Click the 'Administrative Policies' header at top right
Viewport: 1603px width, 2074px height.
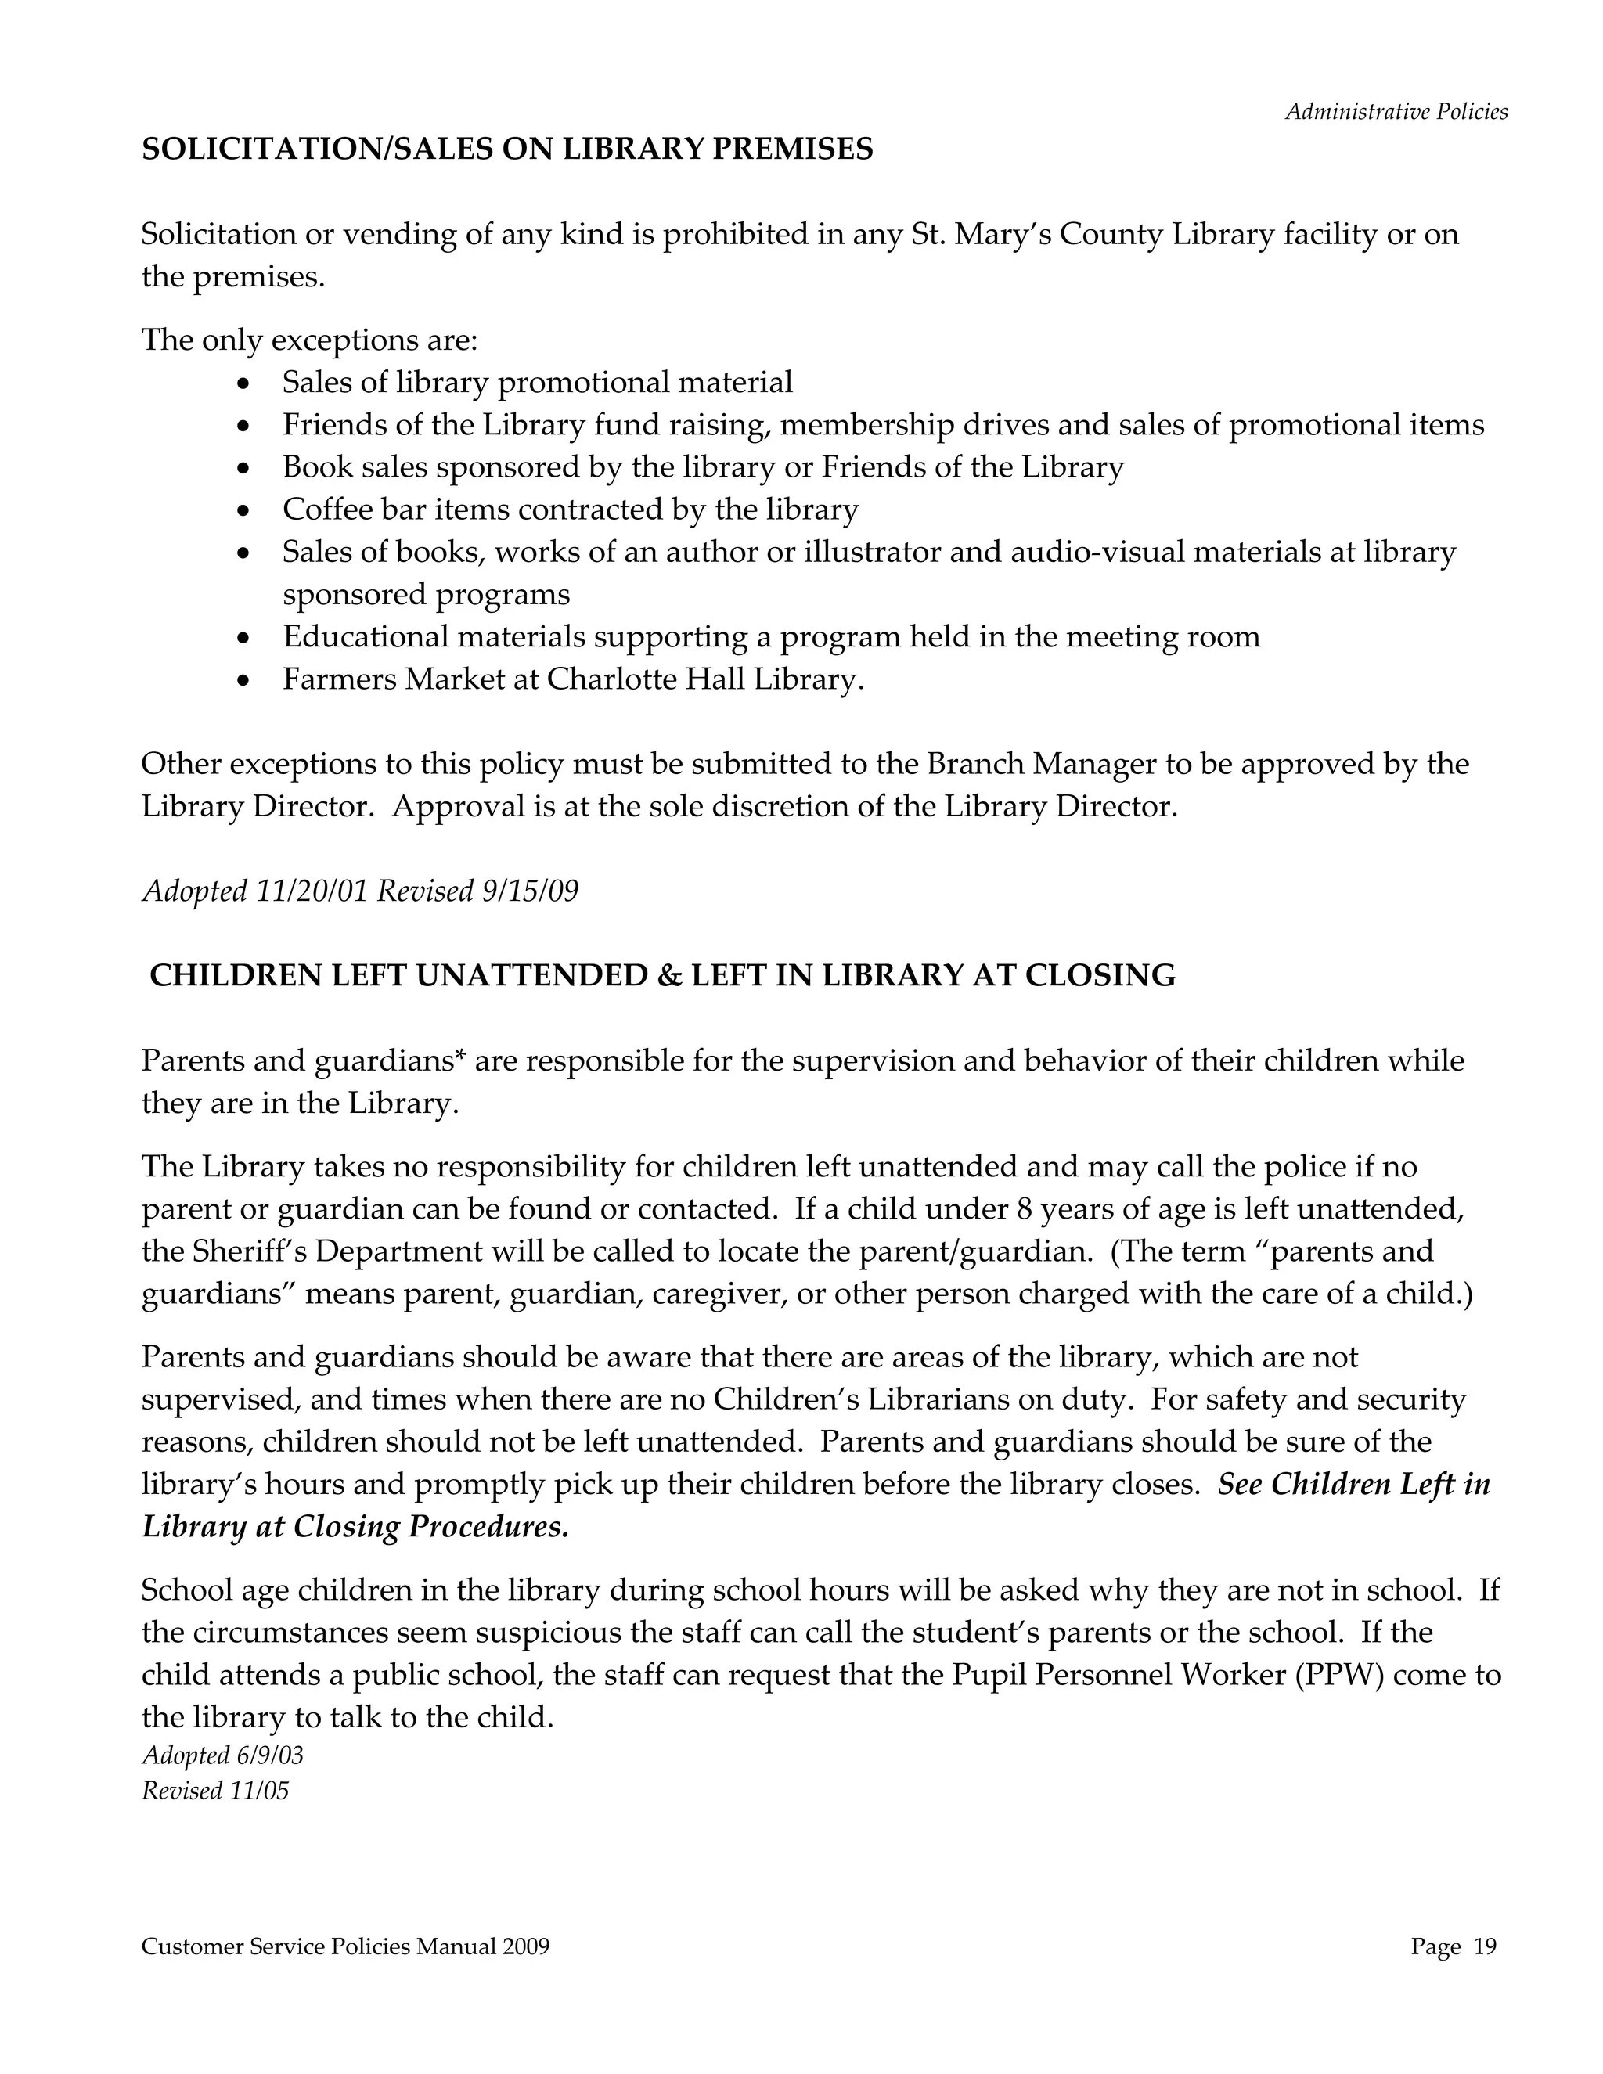1396,112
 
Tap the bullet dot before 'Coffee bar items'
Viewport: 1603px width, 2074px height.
245,511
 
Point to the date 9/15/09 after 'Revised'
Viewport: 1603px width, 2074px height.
530,891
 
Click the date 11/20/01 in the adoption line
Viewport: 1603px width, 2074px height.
312,891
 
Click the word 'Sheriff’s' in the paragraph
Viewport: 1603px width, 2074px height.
254,1251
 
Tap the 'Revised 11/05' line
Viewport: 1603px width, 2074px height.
214,1791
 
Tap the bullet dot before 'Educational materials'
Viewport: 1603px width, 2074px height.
245,638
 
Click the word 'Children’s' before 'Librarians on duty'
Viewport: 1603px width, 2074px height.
784,1400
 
